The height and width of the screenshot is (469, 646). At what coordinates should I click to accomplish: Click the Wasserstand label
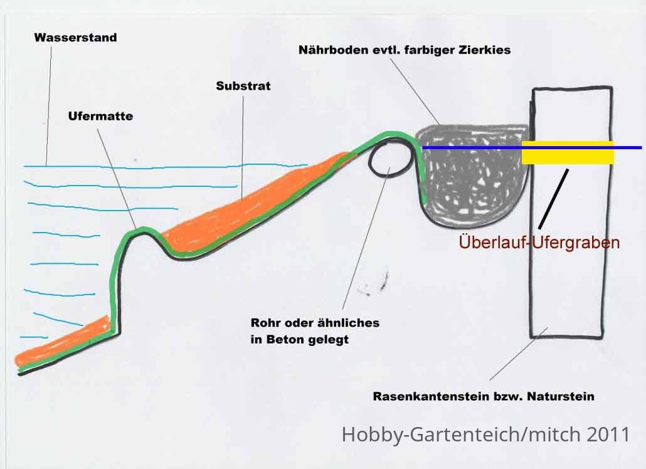[x=76, y=38]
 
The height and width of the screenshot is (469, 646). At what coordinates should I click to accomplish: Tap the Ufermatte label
[x=100, y=116]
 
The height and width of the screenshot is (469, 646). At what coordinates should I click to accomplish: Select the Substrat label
[x=243, y=86]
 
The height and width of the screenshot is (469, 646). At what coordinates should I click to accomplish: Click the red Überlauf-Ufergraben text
[x=539, y=242]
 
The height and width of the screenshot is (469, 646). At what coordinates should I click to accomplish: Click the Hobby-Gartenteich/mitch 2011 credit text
[x=486, y=434]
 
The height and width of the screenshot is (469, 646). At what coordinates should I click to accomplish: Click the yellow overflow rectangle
[x=568, y=153]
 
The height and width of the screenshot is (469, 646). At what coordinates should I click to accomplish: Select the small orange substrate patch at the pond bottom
[x=62, y=342]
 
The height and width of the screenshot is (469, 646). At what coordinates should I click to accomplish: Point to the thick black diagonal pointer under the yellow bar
[x=553, y=199]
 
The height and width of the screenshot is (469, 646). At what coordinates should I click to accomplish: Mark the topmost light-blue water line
[x=165, y=167]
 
